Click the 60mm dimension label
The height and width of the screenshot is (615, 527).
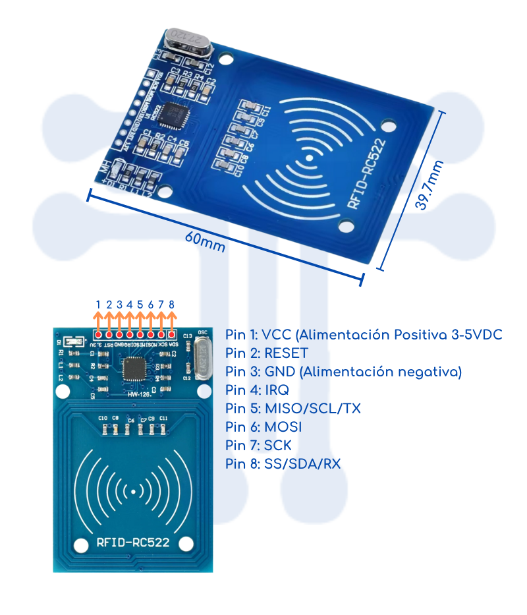pyautogui.click(x=205, y=242)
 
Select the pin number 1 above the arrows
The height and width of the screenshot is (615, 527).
pyautogui.click(x=98, y=305)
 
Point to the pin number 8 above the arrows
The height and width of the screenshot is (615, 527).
pyautogui.click(x=172, y=305)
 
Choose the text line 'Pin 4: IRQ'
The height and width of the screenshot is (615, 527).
pyautogui.click(x=256, y=390)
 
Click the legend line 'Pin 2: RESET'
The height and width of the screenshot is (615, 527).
pyautogui.click(x=266, y=353)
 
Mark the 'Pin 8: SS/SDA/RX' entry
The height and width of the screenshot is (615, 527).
pyautogui.click(x=283, y=464)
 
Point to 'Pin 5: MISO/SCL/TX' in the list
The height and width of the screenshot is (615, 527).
pyautogui.click(x=292, y=409)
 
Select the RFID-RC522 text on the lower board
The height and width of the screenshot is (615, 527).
pyautogui.click(x=133, y=543)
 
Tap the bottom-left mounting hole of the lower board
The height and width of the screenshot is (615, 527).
pyautogui.click(x=81, y=545)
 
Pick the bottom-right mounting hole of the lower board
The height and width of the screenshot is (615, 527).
pyautogui.click(x=186, y=544)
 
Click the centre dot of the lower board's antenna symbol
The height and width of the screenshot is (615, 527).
pyautogui.click(x=134, y=492)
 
